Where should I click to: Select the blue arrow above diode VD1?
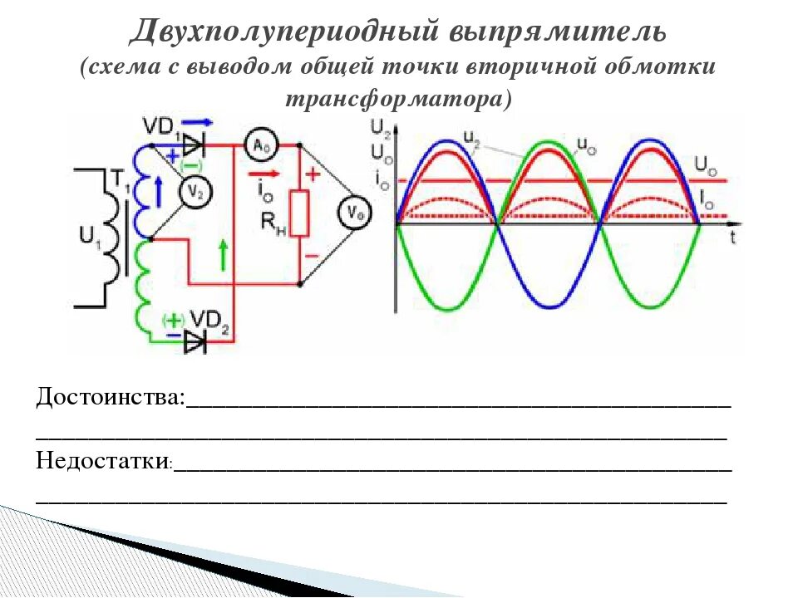pos(191,122)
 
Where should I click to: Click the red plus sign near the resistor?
pos(313,174)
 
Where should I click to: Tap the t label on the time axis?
pos(733,237)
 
